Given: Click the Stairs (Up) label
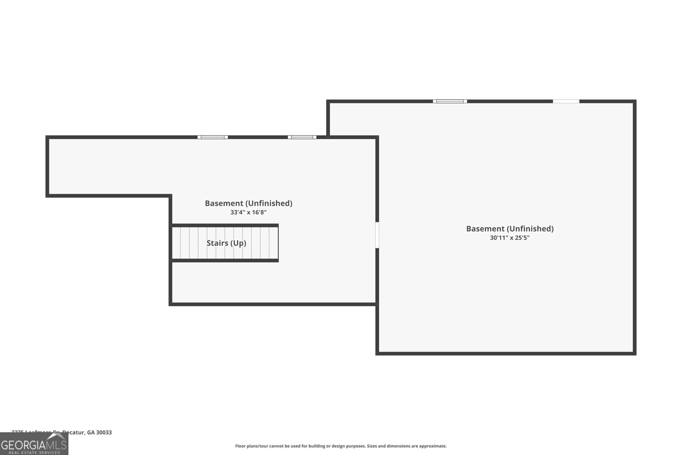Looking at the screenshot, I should point(226,243).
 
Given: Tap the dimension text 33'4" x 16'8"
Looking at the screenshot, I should point(249,212).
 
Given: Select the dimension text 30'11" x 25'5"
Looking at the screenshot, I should point(510,238).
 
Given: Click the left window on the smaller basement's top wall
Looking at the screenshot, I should point(213,137).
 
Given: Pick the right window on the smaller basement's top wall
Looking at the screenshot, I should point(302,137).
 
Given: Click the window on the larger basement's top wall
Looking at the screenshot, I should point(450,101).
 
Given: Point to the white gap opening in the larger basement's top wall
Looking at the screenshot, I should point(566,101).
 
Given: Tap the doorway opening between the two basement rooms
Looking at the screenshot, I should point(377,235).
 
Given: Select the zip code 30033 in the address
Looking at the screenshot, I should point(104,432).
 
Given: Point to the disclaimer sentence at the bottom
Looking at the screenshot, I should point(341,446).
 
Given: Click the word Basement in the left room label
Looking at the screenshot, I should point(224,203).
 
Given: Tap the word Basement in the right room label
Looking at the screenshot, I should point(485,229).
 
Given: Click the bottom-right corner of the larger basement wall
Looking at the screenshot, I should point(635,353).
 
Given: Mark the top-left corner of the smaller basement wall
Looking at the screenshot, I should point(47,137).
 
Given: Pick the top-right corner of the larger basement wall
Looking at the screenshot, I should point(635,101).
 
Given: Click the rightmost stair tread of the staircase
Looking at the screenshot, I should point(273,243).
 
